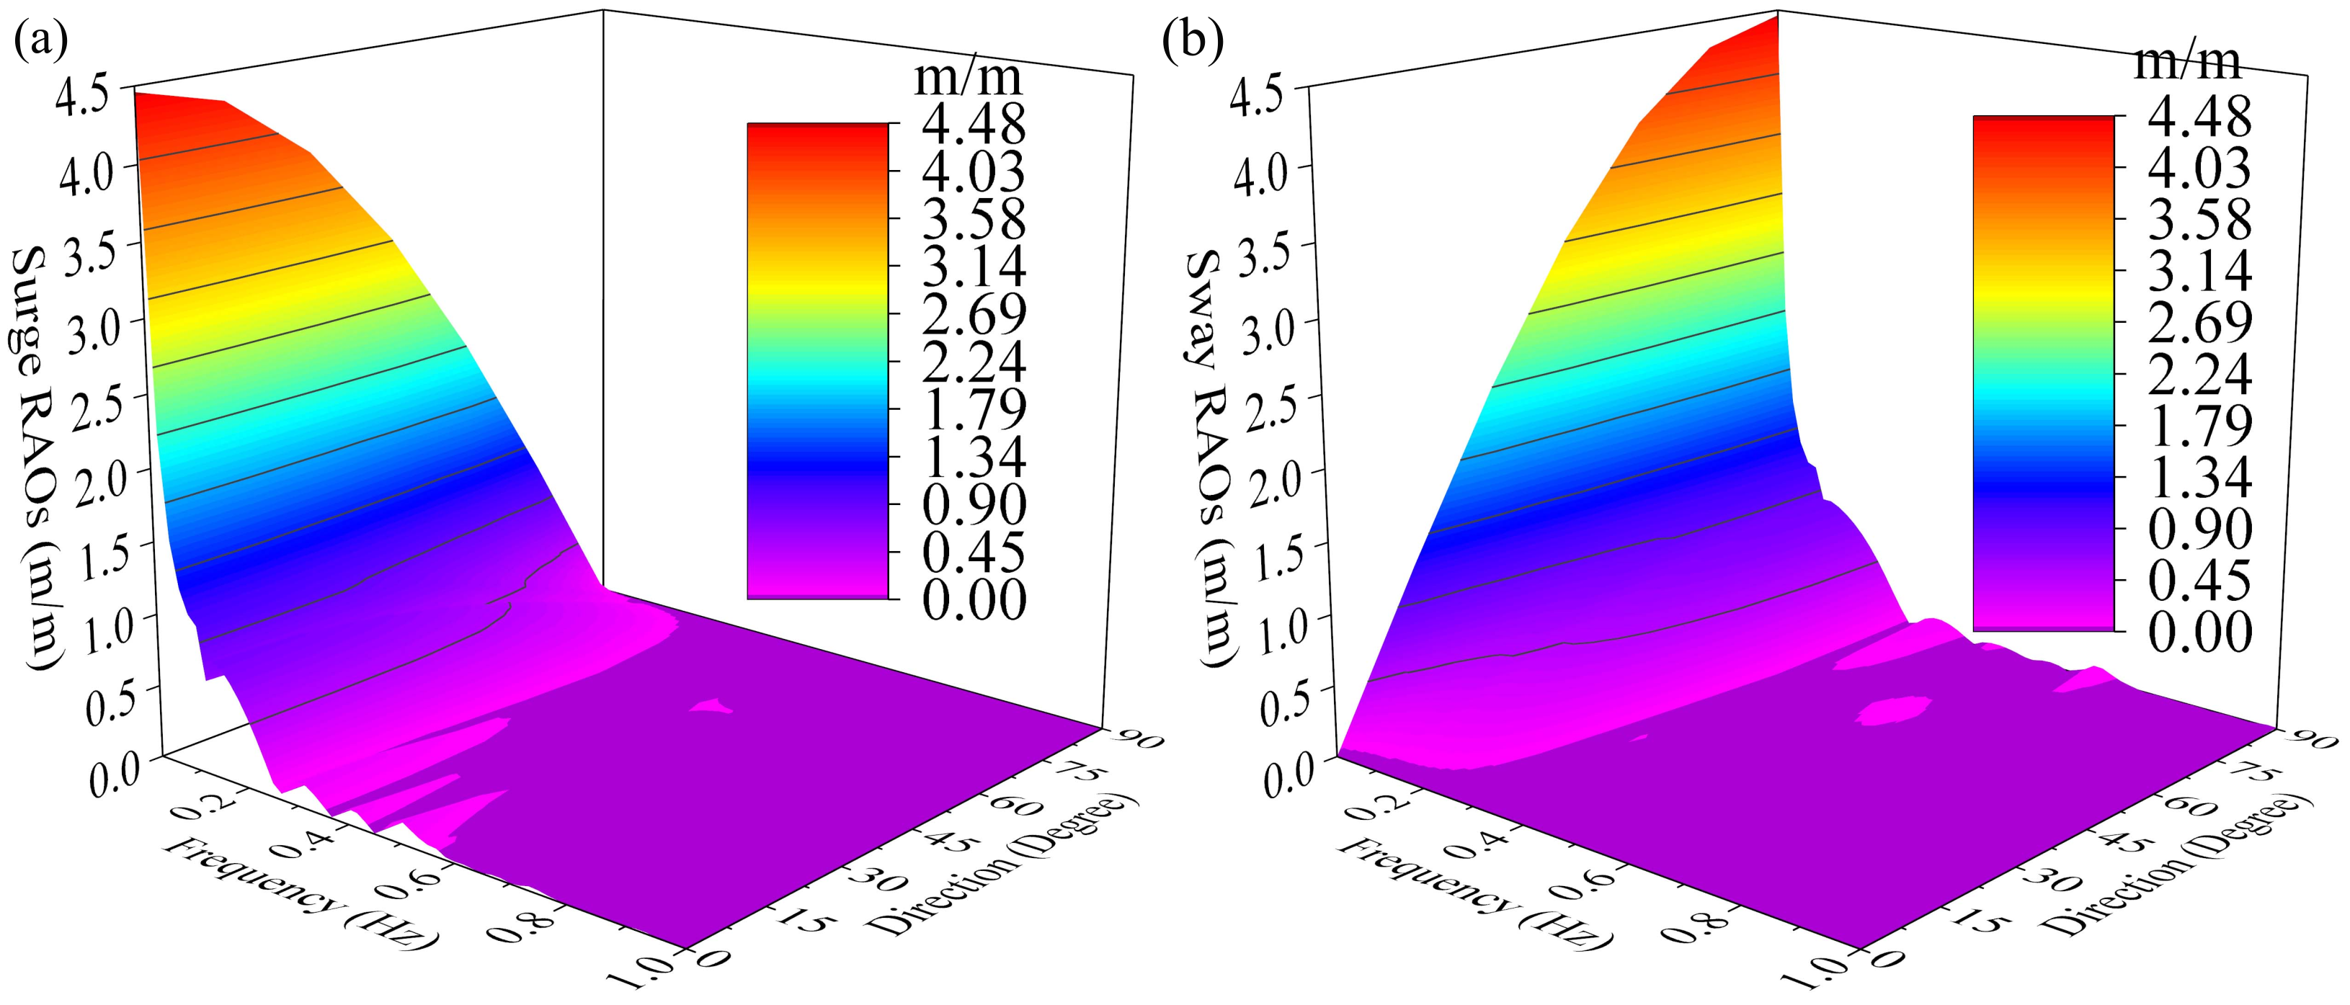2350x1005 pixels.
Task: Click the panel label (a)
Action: [41, 42]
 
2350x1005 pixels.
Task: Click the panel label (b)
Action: [1193, 42]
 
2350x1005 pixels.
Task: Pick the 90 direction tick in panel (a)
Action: [1135, 737]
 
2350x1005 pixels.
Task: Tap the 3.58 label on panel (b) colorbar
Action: [2199, 220]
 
